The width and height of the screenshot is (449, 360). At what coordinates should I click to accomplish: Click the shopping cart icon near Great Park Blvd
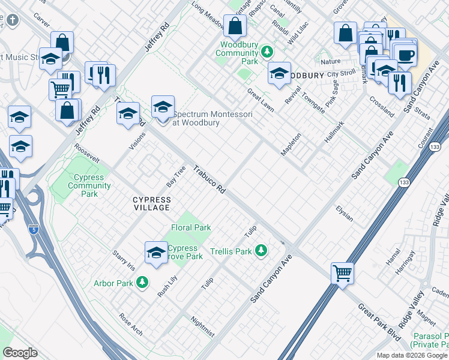click(342, 273)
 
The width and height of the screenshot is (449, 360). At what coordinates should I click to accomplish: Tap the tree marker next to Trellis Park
click(261, 250)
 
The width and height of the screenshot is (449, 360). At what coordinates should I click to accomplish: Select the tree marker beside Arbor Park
click(142, 281)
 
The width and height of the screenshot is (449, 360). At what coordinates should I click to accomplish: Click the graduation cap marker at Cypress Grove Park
click(156, 252)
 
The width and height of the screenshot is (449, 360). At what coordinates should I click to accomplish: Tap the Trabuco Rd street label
click(209, 179)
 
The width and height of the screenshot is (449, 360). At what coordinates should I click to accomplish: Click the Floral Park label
click(191, 227)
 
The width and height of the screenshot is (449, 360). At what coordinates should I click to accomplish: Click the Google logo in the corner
click(19, 353)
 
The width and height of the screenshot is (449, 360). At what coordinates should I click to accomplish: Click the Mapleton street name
click(291, 145)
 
